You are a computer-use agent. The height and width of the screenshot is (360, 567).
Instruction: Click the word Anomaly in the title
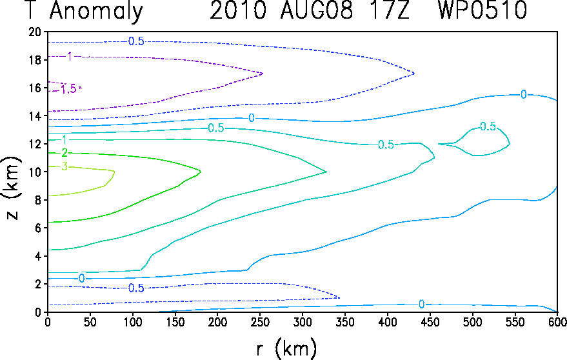coord(96,10)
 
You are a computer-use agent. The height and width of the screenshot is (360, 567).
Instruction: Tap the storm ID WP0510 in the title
coord(482,10)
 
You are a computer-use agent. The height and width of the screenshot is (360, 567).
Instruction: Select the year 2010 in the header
coord(238,10)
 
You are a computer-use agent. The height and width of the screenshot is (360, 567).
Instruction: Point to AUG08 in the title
coord(317,10)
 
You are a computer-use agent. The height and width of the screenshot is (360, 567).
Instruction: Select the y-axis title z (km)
coord(13,188)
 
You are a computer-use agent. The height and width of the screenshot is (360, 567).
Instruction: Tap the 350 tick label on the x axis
coord(344,322)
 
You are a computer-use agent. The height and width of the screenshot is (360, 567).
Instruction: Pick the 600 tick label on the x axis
coord(557,322)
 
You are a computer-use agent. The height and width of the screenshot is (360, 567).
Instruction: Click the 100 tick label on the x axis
coord(133,322)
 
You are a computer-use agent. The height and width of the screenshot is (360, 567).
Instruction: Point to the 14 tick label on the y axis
coord(35,115)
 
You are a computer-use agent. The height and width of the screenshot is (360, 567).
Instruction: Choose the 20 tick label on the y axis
coord(35,32)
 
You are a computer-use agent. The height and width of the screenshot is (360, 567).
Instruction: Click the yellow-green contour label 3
coord(65,167)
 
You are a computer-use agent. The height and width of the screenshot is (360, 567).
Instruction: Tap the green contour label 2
coord(65,153)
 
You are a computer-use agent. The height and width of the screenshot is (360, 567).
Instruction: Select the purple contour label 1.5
coord(68,89)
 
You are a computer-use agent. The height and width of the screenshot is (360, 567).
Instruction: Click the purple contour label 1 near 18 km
coord(70,56)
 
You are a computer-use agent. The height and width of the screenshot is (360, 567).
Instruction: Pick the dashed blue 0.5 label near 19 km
coord(136,41)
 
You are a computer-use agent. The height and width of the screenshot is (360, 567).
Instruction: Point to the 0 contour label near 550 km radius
coord(523,95)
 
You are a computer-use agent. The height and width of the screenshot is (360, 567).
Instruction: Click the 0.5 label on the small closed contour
coord(488,126)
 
